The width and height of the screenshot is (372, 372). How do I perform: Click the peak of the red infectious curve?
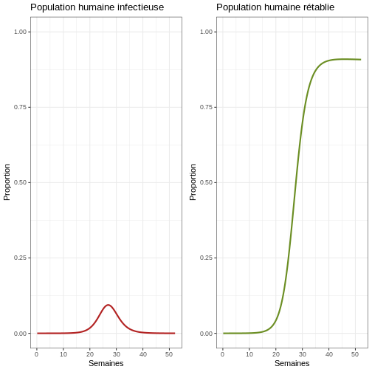point(108,305)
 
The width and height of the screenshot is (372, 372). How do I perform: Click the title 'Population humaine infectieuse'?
point(97,7)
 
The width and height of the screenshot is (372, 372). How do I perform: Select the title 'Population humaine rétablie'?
point(275,7)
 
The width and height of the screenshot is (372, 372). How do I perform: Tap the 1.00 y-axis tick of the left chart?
point(20,32)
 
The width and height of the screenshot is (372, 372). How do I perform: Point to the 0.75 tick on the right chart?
point(206,107)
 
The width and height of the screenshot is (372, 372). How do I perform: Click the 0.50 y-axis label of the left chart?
point(20,182)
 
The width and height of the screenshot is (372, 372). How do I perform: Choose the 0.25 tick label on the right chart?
point(206,258)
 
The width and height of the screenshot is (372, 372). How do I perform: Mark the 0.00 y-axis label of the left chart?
point(20,334)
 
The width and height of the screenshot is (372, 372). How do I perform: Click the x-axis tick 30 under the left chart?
point(117,354)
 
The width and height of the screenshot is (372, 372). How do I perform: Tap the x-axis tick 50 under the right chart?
point(355,354)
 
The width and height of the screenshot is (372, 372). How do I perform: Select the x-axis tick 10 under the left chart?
point(63,354)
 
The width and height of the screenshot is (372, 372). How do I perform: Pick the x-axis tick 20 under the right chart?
point(276,354)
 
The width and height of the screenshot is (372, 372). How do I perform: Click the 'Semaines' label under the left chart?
point(106,363)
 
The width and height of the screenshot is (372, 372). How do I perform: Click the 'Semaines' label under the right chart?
point(292,363)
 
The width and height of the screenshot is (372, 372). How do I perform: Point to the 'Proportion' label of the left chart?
point(7,182)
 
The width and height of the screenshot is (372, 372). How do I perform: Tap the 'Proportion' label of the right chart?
point(193,182)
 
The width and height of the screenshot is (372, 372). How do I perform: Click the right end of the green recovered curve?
point(360,60)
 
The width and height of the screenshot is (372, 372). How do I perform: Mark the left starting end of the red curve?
point(38,334)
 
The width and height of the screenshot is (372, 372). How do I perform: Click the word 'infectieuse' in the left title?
point(140,7)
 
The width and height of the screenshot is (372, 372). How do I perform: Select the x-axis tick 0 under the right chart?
point(223,354)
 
